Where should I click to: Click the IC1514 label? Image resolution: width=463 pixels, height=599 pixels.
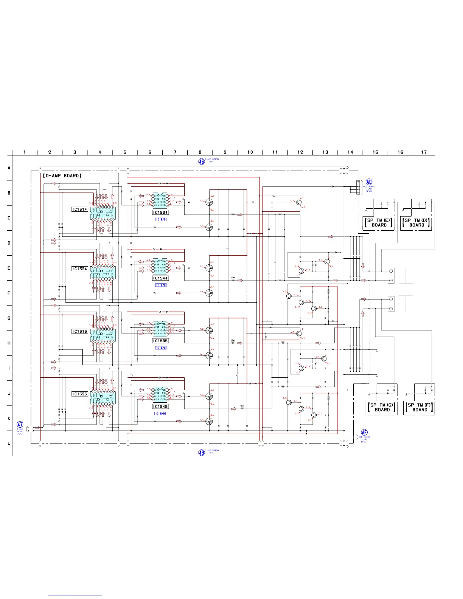(80, 209)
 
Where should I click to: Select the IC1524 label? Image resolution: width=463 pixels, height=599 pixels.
(80, 269)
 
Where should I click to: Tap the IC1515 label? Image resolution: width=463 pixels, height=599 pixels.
(80, 331)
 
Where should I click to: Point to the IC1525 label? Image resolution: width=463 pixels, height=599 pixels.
(80, 394)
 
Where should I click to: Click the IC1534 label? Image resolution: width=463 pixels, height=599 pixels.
(160, 213)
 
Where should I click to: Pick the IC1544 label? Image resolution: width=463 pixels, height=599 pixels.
(160, 278)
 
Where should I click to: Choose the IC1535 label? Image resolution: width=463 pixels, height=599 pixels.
(160, 341)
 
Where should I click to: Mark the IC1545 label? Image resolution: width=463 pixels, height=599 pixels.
(160, 407)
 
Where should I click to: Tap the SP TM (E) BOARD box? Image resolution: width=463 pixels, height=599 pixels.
(379, 223)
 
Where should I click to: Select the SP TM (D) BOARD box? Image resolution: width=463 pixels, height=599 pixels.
(416, 223)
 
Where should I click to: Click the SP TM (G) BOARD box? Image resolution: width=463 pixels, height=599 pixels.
(382, 407)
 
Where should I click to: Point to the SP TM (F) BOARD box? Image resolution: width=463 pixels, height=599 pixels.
(419, 407)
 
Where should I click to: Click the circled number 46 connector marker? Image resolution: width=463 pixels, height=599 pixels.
(202, 161)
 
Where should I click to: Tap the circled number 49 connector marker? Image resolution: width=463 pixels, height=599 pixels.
(202, 452)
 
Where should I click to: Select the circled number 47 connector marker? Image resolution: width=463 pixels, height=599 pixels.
(20, 425)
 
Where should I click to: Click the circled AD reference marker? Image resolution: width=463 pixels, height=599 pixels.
(369, 182)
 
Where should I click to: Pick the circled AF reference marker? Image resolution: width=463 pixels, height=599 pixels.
(364, 433)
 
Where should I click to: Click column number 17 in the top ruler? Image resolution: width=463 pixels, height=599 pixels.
(424, 152)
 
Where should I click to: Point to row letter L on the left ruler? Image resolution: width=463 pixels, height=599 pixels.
(9, 443)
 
